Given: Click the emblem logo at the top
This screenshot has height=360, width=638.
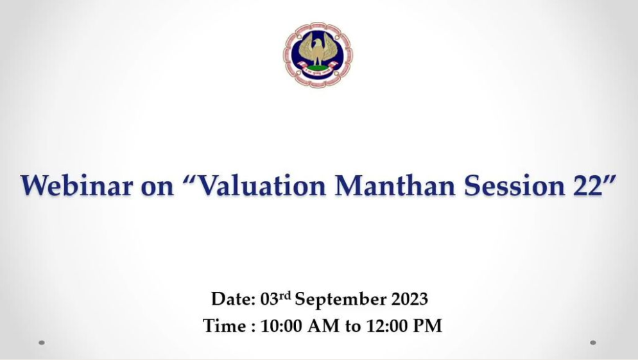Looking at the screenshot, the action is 318,55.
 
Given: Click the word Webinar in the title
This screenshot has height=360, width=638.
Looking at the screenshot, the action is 77,185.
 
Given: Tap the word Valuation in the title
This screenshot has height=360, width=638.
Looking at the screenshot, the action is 259,185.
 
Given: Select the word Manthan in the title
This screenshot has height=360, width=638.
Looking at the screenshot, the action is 395,185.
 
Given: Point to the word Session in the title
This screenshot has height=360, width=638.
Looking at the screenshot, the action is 514,185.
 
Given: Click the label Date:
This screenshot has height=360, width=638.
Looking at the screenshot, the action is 233,299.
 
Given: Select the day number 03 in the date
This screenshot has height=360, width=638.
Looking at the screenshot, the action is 270,300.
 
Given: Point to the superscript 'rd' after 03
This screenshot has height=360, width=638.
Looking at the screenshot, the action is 285,295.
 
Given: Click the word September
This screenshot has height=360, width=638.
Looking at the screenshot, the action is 341,300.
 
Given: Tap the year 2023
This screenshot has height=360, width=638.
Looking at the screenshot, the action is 410,300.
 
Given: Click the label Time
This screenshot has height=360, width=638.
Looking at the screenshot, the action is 224,326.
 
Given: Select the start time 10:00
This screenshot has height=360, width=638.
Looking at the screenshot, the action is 280,326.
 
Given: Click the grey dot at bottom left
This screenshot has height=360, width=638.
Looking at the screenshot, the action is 42,343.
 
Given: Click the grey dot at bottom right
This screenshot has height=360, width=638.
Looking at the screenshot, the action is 593,343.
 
